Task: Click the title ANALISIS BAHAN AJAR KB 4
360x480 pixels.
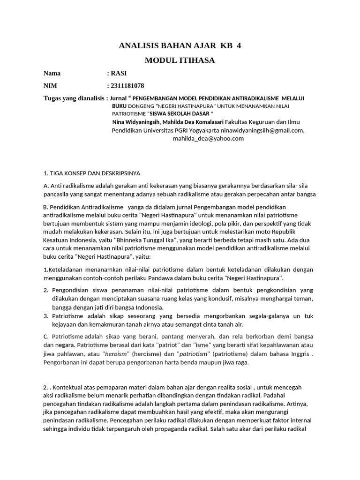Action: click(180, 46)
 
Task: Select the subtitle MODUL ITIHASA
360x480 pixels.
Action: click(180, 60)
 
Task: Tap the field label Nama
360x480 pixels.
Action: click(52, 74)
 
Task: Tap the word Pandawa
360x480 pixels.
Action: click(163, 278)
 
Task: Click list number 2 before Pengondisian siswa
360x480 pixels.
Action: click(45, 291)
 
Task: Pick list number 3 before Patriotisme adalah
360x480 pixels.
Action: click(45, 316)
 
